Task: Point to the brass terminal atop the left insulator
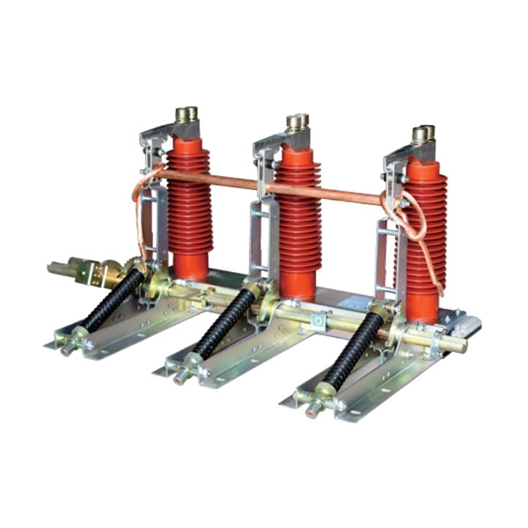point(187,114)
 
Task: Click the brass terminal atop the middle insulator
point(297,122)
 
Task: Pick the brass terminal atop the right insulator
point(423,135)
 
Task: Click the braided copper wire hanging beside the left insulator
point(141,220)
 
